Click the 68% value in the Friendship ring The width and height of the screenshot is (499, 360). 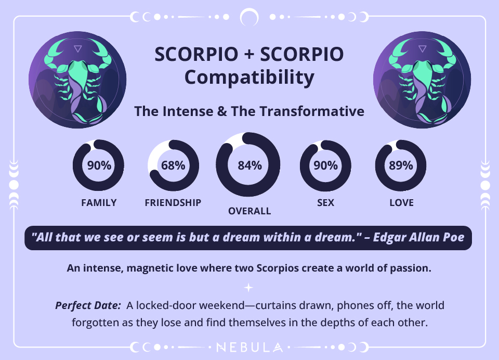(x=173, y=166)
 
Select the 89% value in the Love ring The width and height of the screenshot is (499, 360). (x=401, y=166)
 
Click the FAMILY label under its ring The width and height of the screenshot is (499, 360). (x=99, y=203)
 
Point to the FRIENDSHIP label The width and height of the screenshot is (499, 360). (x=173, y=203)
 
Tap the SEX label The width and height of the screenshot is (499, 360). (x=325, y=203)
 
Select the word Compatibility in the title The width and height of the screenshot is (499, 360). (x=249, y=78)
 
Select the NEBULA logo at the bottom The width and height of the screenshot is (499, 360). (x=249, y=347)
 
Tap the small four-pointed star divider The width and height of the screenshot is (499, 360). (x=249, y=287)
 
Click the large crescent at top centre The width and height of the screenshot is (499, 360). (x=249, y=17)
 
